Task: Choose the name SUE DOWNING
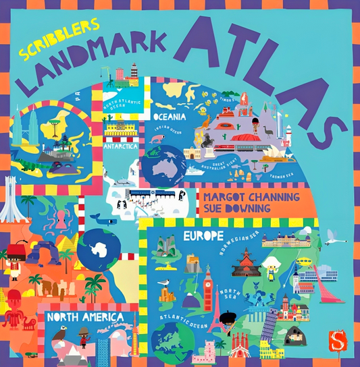tap(233, 208)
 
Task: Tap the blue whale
tap(100, 219)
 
